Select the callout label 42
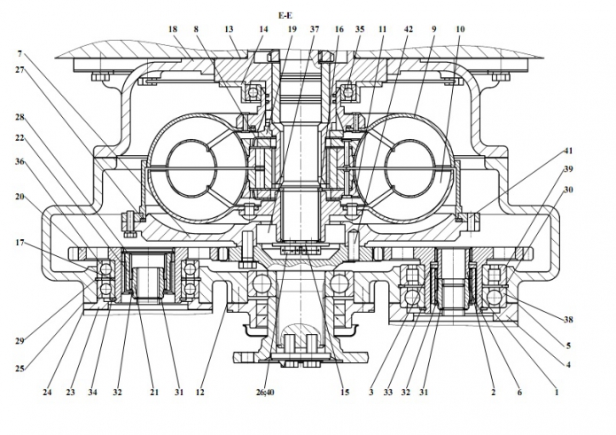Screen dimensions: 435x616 (408, 29)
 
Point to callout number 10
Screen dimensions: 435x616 (459, 29)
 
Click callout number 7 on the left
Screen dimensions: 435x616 (20, 53)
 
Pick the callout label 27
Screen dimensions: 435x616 (20, 70)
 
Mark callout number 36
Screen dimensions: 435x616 (20, 160)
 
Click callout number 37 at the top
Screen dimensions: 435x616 (314, 29)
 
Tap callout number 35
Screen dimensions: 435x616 (359, 29)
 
